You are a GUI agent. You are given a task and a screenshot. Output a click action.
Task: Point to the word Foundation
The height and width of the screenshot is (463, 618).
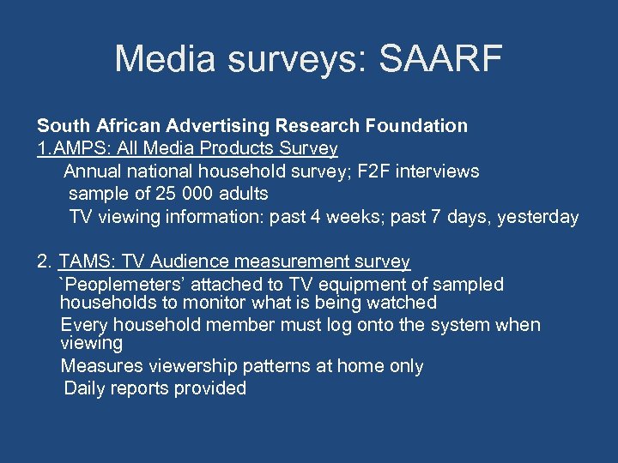point(415,126)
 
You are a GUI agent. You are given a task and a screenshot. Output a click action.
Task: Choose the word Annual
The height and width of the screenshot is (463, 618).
point(92,171)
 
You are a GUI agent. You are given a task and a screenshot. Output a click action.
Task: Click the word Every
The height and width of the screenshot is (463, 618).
point(82,325)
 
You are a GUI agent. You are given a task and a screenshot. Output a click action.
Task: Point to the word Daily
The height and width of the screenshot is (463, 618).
point(85,388)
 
